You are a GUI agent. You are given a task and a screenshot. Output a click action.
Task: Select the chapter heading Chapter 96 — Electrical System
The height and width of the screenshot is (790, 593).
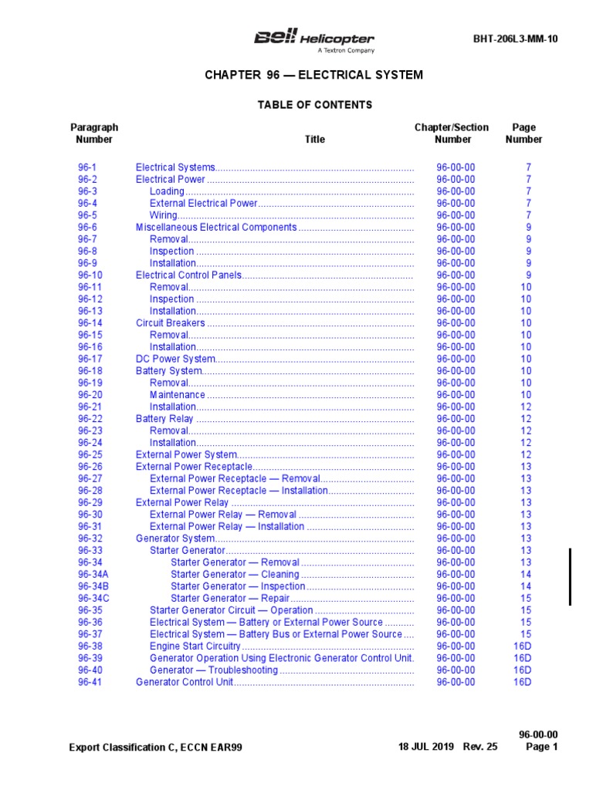pyautogui.click(x=313, y=75)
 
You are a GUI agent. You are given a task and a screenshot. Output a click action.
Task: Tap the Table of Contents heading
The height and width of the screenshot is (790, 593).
pyautogui.click(x=314, y=105)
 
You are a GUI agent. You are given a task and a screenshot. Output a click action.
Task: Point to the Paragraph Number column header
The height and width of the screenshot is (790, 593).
pyautogui.click(x=94, y=133)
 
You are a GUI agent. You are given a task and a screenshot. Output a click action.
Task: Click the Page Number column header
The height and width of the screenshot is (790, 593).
pyautogui.click(x=524, y=133)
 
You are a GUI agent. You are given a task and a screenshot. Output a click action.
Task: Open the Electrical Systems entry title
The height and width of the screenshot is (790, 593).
pyautogui.click(x=175, y=167)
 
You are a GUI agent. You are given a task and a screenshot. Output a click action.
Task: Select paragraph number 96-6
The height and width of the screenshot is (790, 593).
pyautogui.click(x=87, y=228)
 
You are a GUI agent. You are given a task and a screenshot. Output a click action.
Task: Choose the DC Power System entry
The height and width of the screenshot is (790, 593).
pyautogui.click(x=174, y=359)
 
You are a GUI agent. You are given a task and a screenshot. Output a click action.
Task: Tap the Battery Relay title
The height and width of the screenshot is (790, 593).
pyautogui.click(x=164, y=419)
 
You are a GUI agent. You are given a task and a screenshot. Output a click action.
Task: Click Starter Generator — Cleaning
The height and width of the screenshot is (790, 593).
pyautogui.click(x=235, y=575)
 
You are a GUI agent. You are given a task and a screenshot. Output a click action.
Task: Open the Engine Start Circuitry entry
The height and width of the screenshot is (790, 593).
pyautogui.click(x=195, y=647)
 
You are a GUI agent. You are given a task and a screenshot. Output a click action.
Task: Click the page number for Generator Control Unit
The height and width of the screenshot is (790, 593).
pyautogui.click(x=523, y=682)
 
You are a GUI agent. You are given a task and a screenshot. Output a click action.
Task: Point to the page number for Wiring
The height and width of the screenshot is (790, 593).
pyautogui.click(x=529, y=215)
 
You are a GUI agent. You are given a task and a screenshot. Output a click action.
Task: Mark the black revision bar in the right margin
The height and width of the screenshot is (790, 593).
pyautogui.click(x=571, y=577)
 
